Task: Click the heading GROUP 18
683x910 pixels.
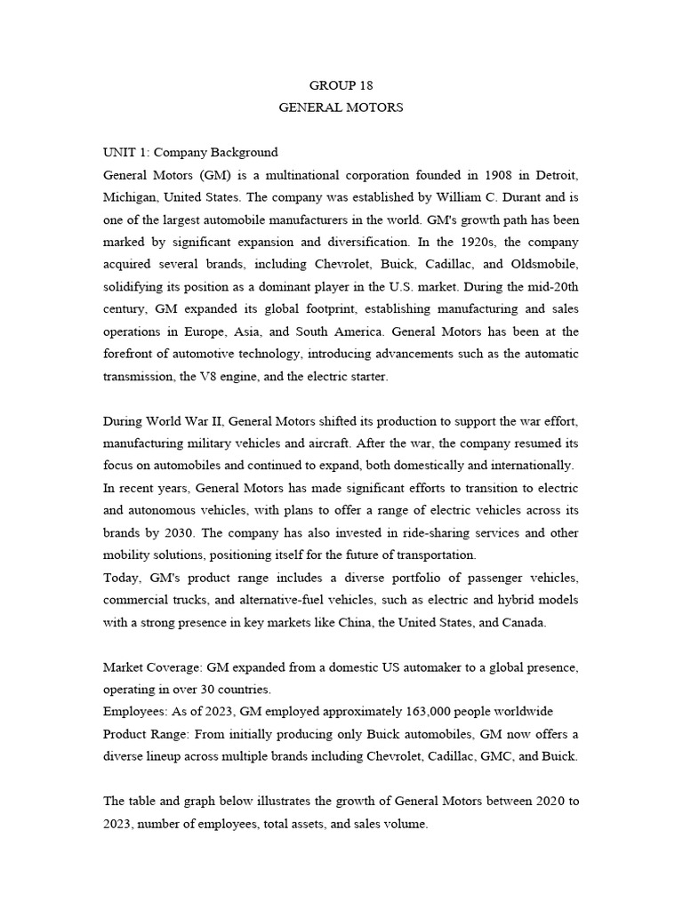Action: pos(341,85)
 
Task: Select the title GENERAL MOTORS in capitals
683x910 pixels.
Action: pos(341,108)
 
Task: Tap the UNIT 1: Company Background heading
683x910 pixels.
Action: pos(190,152)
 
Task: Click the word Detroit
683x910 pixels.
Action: pos(553,174)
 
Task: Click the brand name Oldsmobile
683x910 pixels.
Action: pos(544,264)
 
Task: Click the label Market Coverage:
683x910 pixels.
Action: pos(152,667)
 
